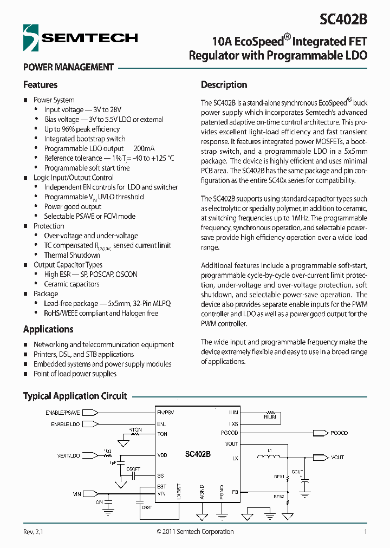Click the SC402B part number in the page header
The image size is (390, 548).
(343, 19)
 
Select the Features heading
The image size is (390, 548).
(40, 84)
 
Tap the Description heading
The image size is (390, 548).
(224, 84)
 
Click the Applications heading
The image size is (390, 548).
(48, 329)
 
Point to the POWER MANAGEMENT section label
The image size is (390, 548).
(68, 67)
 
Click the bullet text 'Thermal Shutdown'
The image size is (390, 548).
(72, 255)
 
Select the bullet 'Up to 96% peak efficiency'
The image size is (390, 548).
(82, 129)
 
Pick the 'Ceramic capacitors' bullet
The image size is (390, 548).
(71, 284)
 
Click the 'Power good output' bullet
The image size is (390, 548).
(73, 206)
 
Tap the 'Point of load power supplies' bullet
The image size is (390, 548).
(75, 374)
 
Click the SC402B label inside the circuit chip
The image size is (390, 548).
(197, 454)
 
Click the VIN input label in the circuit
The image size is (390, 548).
(77, 494)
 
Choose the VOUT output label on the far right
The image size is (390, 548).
(337, 458)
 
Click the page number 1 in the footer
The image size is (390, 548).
(366, 532)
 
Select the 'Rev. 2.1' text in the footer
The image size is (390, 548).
(33, 532)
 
